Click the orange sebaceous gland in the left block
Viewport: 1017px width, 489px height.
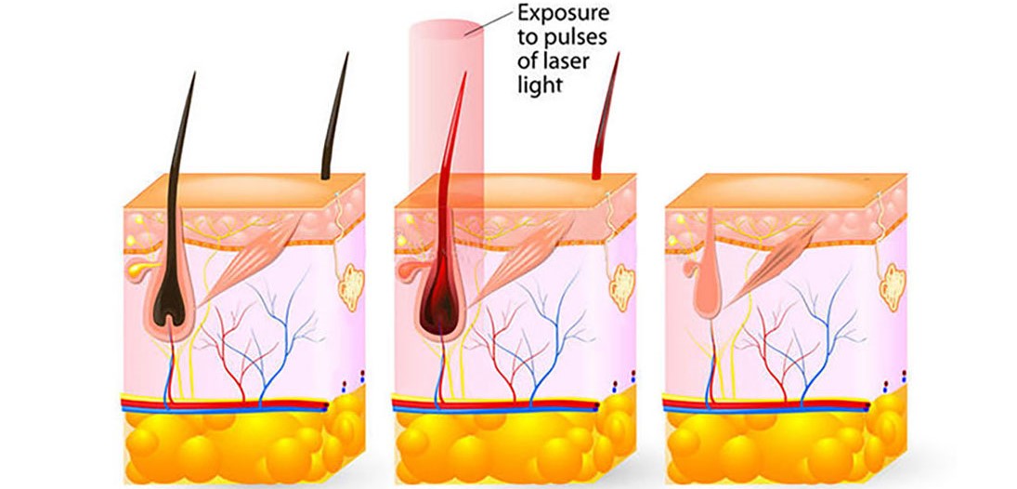tap(137, 270)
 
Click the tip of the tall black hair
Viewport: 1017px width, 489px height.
tap(195, 73)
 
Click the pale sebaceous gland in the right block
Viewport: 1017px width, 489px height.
tap(684, 270)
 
